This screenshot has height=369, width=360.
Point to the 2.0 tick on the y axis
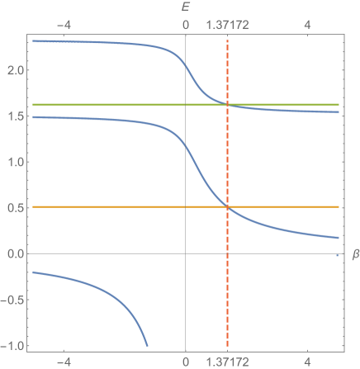click(14, 71)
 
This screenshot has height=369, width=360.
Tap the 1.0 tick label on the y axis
click(14, 162)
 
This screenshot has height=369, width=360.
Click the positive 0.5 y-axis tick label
click(14, 207)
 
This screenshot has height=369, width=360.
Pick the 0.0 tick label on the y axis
click(14, 253)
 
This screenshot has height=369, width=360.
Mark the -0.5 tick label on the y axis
click(12, 299)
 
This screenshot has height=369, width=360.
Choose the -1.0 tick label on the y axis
click(12, 345)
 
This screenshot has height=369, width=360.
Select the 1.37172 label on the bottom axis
click(227, 362)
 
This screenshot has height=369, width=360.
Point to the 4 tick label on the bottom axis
click(307, 362)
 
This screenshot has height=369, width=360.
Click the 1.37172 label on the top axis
click(227, 26)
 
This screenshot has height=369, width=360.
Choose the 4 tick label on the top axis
click(307, 26)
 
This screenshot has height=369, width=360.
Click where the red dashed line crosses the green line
click(227, 105)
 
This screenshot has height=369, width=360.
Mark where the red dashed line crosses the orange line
click(227, 206)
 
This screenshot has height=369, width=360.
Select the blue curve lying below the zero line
click(91, 294)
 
